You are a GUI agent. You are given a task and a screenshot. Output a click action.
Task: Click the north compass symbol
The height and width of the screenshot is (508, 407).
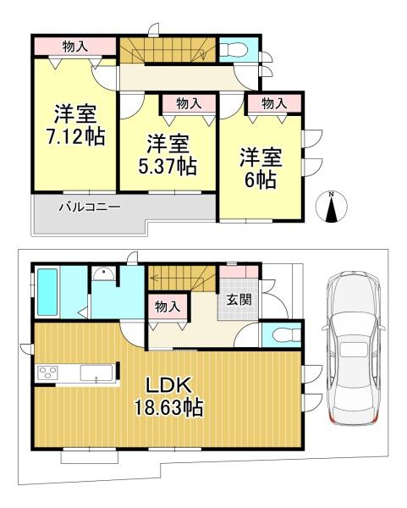click(331, 207)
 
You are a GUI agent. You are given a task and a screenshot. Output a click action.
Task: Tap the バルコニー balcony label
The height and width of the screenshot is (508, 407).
click(90, 207)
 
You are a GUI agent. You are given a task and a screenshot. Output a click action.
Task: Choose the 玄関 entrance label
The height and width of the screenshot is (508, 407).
click(239, 300)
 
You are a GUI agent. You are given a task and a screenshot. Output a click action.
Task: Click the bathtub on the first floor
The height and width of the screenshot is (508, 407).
click(47, 292)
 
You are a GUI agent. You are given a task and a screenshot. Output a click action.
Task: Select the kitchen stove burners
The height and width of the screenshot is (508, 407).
click(48, 372)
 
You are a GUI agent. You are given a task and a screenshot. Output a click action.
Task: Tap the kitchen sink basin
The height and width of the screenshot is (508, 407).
click(96, 373)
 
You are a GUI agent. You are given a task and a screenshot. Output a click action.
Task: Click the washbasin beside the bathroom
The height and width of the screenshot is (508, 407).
click(103, 274)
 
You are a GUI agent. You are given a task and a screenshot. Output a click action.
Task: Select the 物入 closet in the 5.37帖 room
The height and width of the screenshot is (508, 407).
click(189, 103)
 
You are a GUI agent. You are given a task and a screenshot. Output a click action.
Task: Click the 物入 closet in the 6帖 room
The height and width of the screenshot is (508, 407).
click(274, 103)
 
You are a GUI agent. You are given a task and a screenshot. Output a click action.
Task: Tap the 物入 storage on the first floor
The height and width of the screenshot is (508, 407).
click(168, 306)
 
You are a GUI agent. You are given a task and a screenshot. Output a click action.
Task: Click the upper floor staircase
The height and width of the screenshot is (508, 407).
click(168, 51)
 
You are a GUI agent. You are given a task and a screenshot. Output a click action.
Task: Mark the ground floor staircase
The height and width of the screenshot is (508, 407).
click(182, 278)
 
